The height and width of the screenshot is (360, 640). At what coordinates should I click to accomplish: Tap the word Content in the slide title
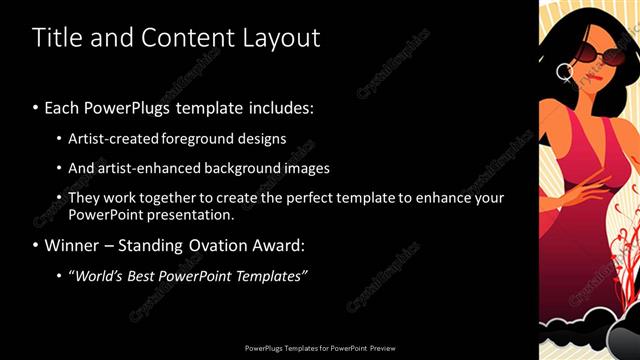pos(185,38)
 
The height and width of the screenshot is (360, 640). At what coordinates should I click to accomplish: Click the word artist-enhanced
pos(150,169)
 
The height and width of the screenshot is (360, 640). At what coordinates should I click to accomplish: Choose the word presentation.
pos(190,214)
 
